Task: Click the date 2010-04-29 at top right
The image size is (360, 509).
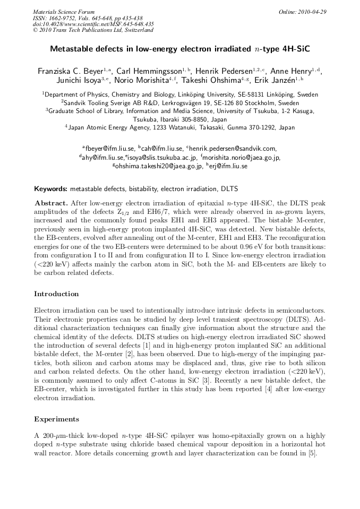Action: pyautogui.click(x=313, y=12)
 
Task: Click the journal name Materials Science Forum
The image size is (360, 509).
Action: pyautogui.click(x=64, y=12)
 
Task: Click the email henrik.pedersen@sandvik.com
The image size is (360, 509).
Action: pyautogui.click(x=235, y=149)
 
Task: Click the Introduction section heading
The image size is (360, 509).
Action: pyautogui.click(x=56, y=294)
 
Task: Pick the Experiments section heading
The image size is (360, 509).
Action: pyautogui.click(x=56, y=419)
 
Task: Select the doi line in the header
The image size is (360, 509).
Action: pyautogui.click(x=93, y=24)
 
